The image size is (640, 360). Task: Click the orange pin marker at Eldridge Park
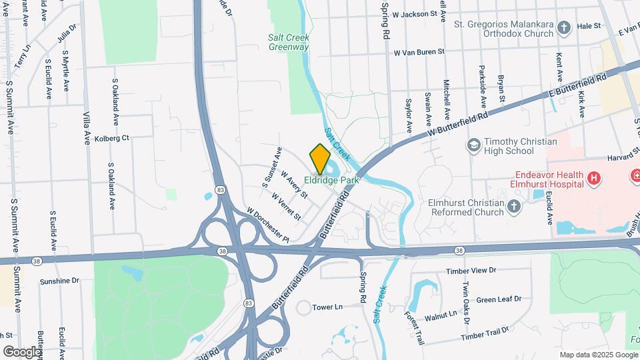pos(320,158)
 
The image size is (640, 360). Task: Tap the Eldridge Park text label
pos(331,180)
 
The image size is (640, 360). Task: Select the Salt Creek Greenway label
pos(289,43)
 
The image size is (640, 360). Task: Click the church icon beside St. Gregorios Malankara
pos(564,27)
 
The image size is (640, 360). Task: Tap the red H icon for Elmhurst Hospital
pos(594,179)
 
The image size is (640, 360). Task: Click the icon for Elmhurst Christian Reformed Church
pos(513,207)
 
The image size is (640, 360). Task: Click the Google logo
pos(22,351)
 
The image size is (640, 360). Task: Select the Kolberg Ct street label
pos(111,138)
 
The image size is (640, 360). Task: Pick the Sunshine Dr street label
pos(59,281)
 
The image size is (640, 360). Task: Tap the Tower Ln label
pos(327,307)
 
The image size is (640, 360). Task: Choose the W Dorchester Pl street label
pos(267,225)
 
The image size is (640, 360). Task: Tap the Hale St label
pos(589,26)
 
